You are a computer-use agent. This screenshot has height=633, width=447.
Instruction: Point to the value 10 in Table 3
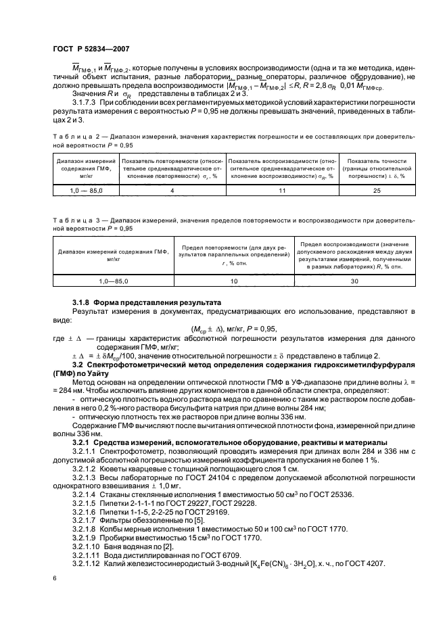[234, 279]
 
